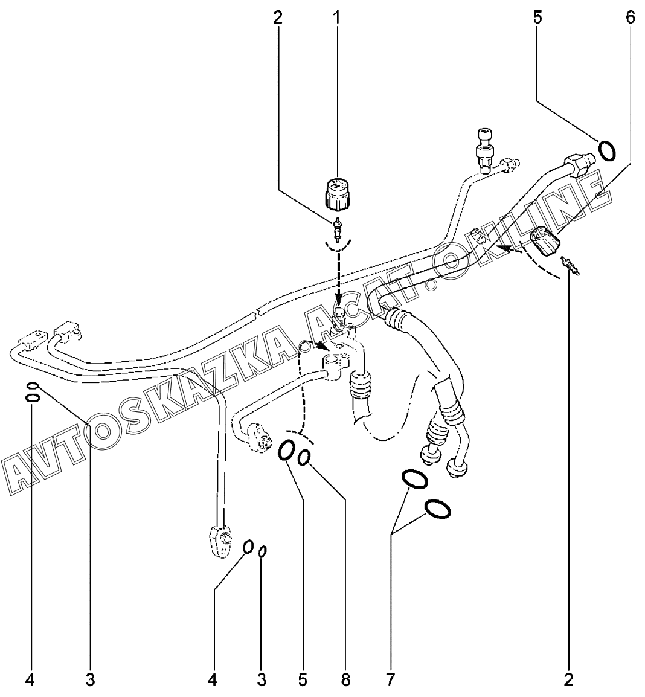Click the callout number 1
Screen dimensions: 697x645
pyautogui.click(x=336, y=17)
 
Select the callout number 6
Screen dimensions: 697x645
pyautogui.click(x=630, y=17)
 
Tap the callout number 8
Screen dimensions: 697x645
pyautogui.click(x=345, y=680)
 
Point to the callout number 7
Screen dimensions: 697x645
pyautogui.click(x=390, y=680)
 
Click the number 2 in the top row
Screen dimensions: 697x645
pyautogui.click(x=277, y=17)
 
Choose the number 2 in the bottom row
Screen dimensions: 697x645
pyautogui.click(x=568, y=680)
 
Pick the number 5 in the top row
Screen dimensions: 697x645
pyautogui.click(x=537, y=17)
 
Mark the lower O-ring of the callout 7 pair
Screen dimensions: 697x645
pyautogui.click(x=437, y=509)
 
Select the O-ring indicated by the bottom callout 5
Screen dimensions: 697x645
pyautogui.click(x=287, y=451)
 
